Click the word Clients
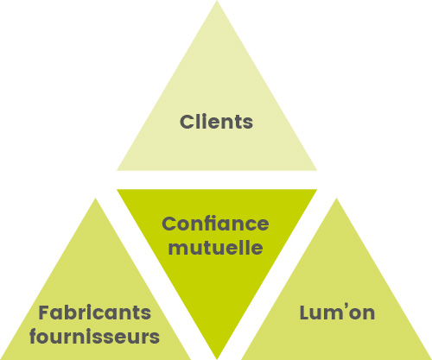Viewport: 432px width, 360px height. (216, 122)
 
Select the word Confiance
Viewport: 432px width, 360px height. (215, 224)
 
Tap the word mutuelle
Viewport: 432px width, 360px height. (215, 247)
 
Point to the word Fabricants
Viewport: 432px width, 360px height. (95, 313)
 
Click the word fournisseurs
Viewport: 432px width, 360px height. (94, 337)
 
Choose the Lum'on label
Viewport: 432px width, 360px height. (337, 313)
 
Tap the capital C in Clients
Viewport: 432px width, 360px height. (187, 122)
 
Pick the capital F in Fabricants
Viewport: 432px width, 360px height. (44, 313)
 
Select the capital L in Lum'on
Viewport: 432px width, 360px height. (305, 313)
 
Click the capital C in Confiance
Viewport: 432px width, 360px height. (168, 224)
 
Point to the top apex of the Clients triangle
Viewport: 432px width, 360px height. (217, 1)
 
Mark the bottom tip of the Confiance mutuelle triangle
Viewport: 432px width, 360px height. (217, 359)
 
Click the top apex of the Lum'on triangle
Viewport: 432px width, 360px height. (336, 198)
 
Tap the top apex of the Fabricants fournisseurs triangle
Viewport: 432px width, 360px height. (95, 198)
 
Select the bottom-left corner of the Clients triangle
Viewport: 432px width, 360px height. (117, 170)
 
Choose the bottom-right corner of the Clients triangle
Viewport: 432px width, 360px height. (317, 170)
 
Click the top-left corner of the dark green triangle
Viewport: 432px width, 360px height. (117, 189)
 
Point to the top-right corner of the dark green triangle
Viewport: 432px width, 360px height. (317, 189)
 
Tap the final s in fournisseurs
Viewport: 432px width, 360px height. (155, 338)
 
